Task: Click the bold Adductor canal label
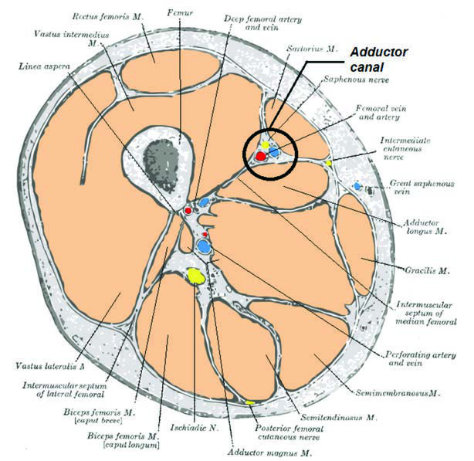[x=379, y=59]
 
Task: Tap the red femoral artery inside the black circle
[x=261, y=156]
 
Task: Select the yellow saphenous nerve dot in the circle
[x=266, y=145]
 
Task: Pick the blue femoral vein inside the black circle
[x=274, y=152]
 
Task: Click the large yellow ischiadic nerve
[x=196, y=276]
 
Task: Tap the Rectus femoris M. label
[x=107, y=16]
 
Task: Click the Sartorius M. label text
[x=313, y=49]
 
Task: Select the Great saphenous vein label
[x=422, y=188]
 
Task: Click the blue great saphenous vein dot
[x=357, y=186]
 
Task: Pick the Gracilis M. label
[x=427, y=270]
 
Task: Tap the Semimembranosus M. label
[x=398, y=393]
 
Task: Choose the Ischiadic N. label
[x=195, y=428]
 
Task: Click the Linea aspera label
[x=44, y=66]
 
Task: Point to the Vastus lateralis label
[x=49, y=366]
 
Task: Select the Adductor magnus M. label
[x=269, y=453]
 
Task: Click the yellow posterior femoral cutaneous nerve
[x=249, y=402]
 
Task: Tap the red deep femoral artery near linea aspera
[x=188, y=210]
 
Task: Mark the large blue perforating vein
[x=204, y=246]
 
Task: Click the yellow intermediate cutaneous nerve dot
[x=329, y=163]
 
